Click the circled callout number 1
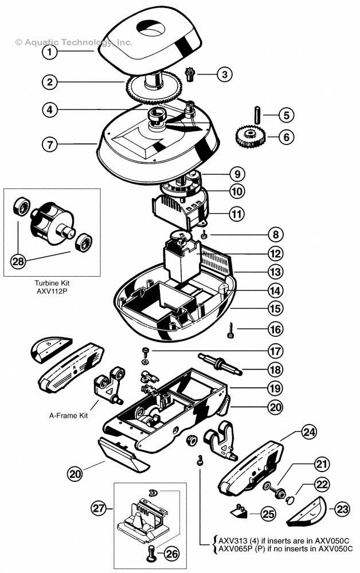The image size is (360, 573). click(50, 52)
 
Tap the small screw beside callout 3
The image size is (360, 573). click(191, 74)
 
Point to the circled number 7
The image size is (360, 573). click(50, 144)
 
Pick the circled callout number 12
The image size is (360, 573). click(276, 253)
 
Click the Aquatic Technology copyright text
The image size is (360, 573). click(75, 42)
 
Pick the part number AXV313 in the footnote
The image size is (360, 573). click(230, 541)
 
